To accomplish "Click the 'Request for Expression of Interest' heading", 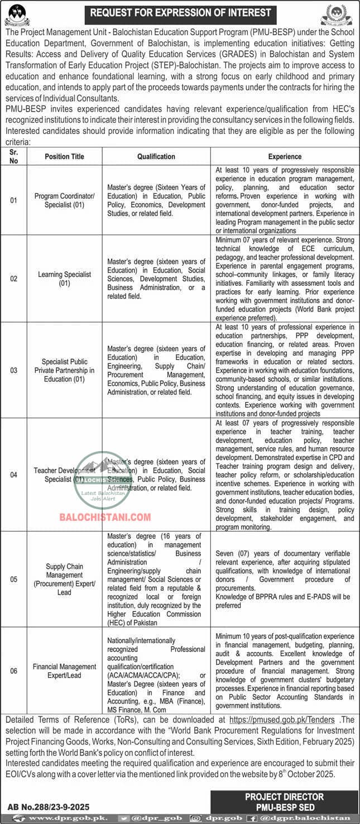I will (x=180, y=12).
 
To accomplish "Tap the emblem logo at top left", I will (x=17, y=14).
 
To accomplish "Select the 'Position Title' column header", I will (x=64, y=157).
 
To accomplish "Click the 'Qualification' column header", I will (x=156, y=157).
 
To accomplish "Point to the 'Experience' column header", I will (x=285, y=157).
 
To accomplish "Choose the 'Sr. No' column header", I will (x=14, y=157).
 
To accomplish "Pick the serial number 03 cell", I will (x=14, y=370).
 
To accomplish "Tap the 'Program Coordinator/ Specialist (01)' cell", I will (x=64, y=200).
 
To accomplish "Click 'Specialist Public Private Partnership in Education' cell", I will (x=64, y=370).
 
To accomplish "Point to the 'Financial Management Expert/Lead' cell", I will (x=64, y=671).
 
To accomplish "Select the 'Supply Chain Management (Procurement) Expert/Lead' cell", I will (x=64, y=579).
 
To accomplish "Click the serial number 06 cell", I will (x=14, y=671).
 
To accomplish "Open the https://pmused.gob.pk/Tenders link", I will (x=282, y=721).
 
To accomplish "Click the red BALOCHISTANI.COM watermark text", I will (x=105, y=517).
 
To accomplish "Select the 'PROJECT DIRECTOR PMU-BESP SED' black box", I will (x=284, y=801).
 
